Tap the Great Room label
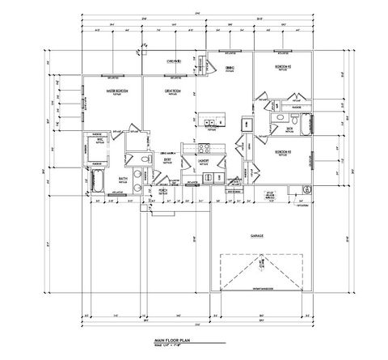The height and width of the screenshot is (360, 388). [171, 89]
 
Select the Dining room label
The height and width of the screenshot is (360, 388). [230, 68]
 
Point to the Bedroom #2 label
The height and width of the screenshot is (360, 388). [280, 66]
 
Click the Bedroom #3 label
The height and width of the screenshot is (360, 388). [282, 151]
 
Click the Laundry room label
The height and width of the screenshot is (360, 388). [205, 160]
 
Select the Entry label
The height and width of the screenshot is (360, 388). [168, 159]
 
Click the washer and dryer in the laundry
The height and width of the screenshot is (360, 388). [204, 173]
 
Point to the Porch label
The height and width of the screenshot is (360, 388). [163, 191]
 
